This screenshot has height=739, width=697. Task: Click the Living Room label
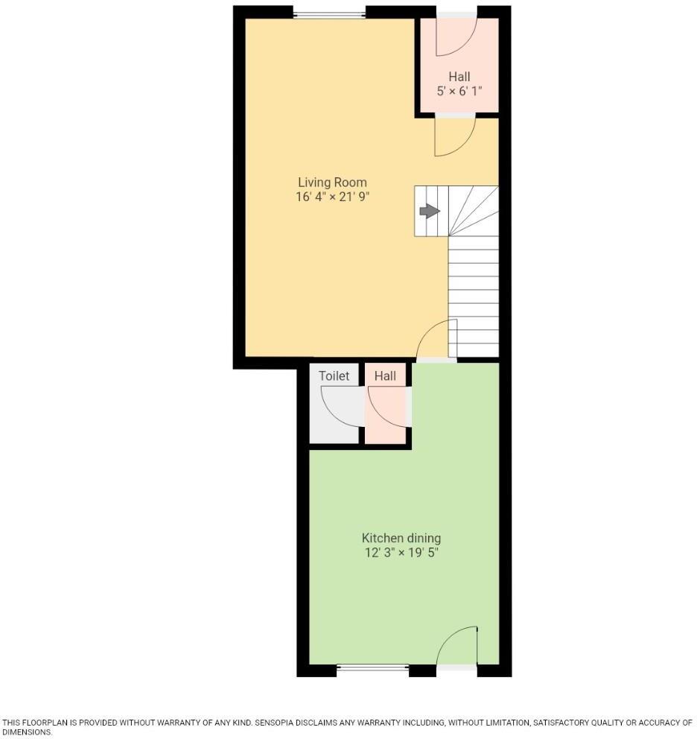point(332,183)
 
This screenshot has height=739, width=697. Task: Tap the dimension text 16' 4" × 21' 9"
point(332,197)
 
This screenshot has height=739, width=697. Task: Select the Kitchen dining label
point(401,538)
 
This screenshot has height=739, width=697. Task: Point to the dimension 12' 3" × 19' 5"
point(401,553)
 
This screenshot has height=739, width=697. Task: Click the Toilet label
point(334,376)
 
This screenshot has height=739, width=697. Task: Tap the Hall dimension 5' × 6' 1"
point(459,91)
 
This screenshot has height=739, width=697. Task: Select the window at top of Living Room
point(329,13)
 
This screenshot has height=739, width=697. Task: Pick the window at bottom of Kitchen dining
point(372,669)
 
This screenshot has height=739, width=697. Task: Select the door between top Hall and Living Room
point(453,136)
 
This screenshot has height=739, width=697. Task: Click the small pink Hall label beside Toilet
point(385,376)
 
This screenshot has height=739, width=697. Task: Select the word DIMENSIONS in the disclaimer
point(26,732)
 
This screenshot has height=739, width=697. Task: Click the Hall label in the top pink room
point(459,77)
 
